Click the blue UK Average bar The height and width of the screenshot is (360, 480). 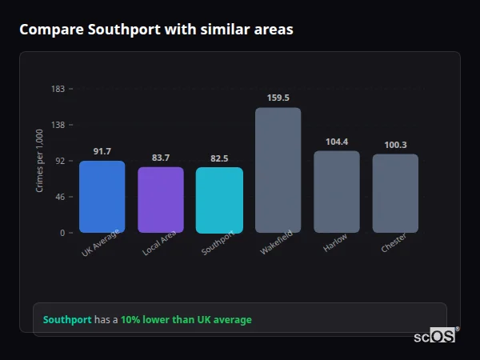click(102, 197)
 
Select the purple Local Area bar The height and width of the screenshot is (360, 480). click(161, 200)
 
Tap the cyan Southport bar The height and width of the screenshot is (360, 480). click(219, 200)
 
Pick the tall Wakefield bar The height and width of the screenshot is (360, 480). click(278, 170)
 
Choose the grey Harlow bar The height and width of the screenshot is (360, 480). click(336, 192)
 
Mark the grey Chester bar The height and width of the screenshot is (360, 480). click(395, 194)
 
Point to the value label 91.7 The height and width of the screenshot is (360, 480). click(102, 151)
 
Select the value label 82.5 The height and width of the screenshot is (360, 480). click(219, 158)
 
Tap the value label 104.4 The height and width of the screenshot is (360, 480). click(336, 142)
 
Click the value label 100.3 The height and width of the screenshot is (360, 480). click(395, 145)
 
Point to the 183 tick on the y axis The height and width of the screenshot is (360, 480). click(58, 89)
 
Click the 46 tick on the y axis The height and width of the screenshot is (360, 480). click(60, 197)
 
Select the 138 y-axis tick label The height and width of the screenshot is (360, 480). click(58, 125)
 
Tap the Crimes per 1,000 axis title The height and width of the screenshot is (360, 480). click(40, 161)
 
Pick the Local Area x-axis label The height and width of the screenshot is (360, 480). click(159, 244)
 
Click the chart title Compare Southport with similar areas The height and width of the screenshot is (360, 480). click(156, 30)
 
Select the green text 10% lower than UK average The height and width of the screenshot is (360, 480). click(186, 320)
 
